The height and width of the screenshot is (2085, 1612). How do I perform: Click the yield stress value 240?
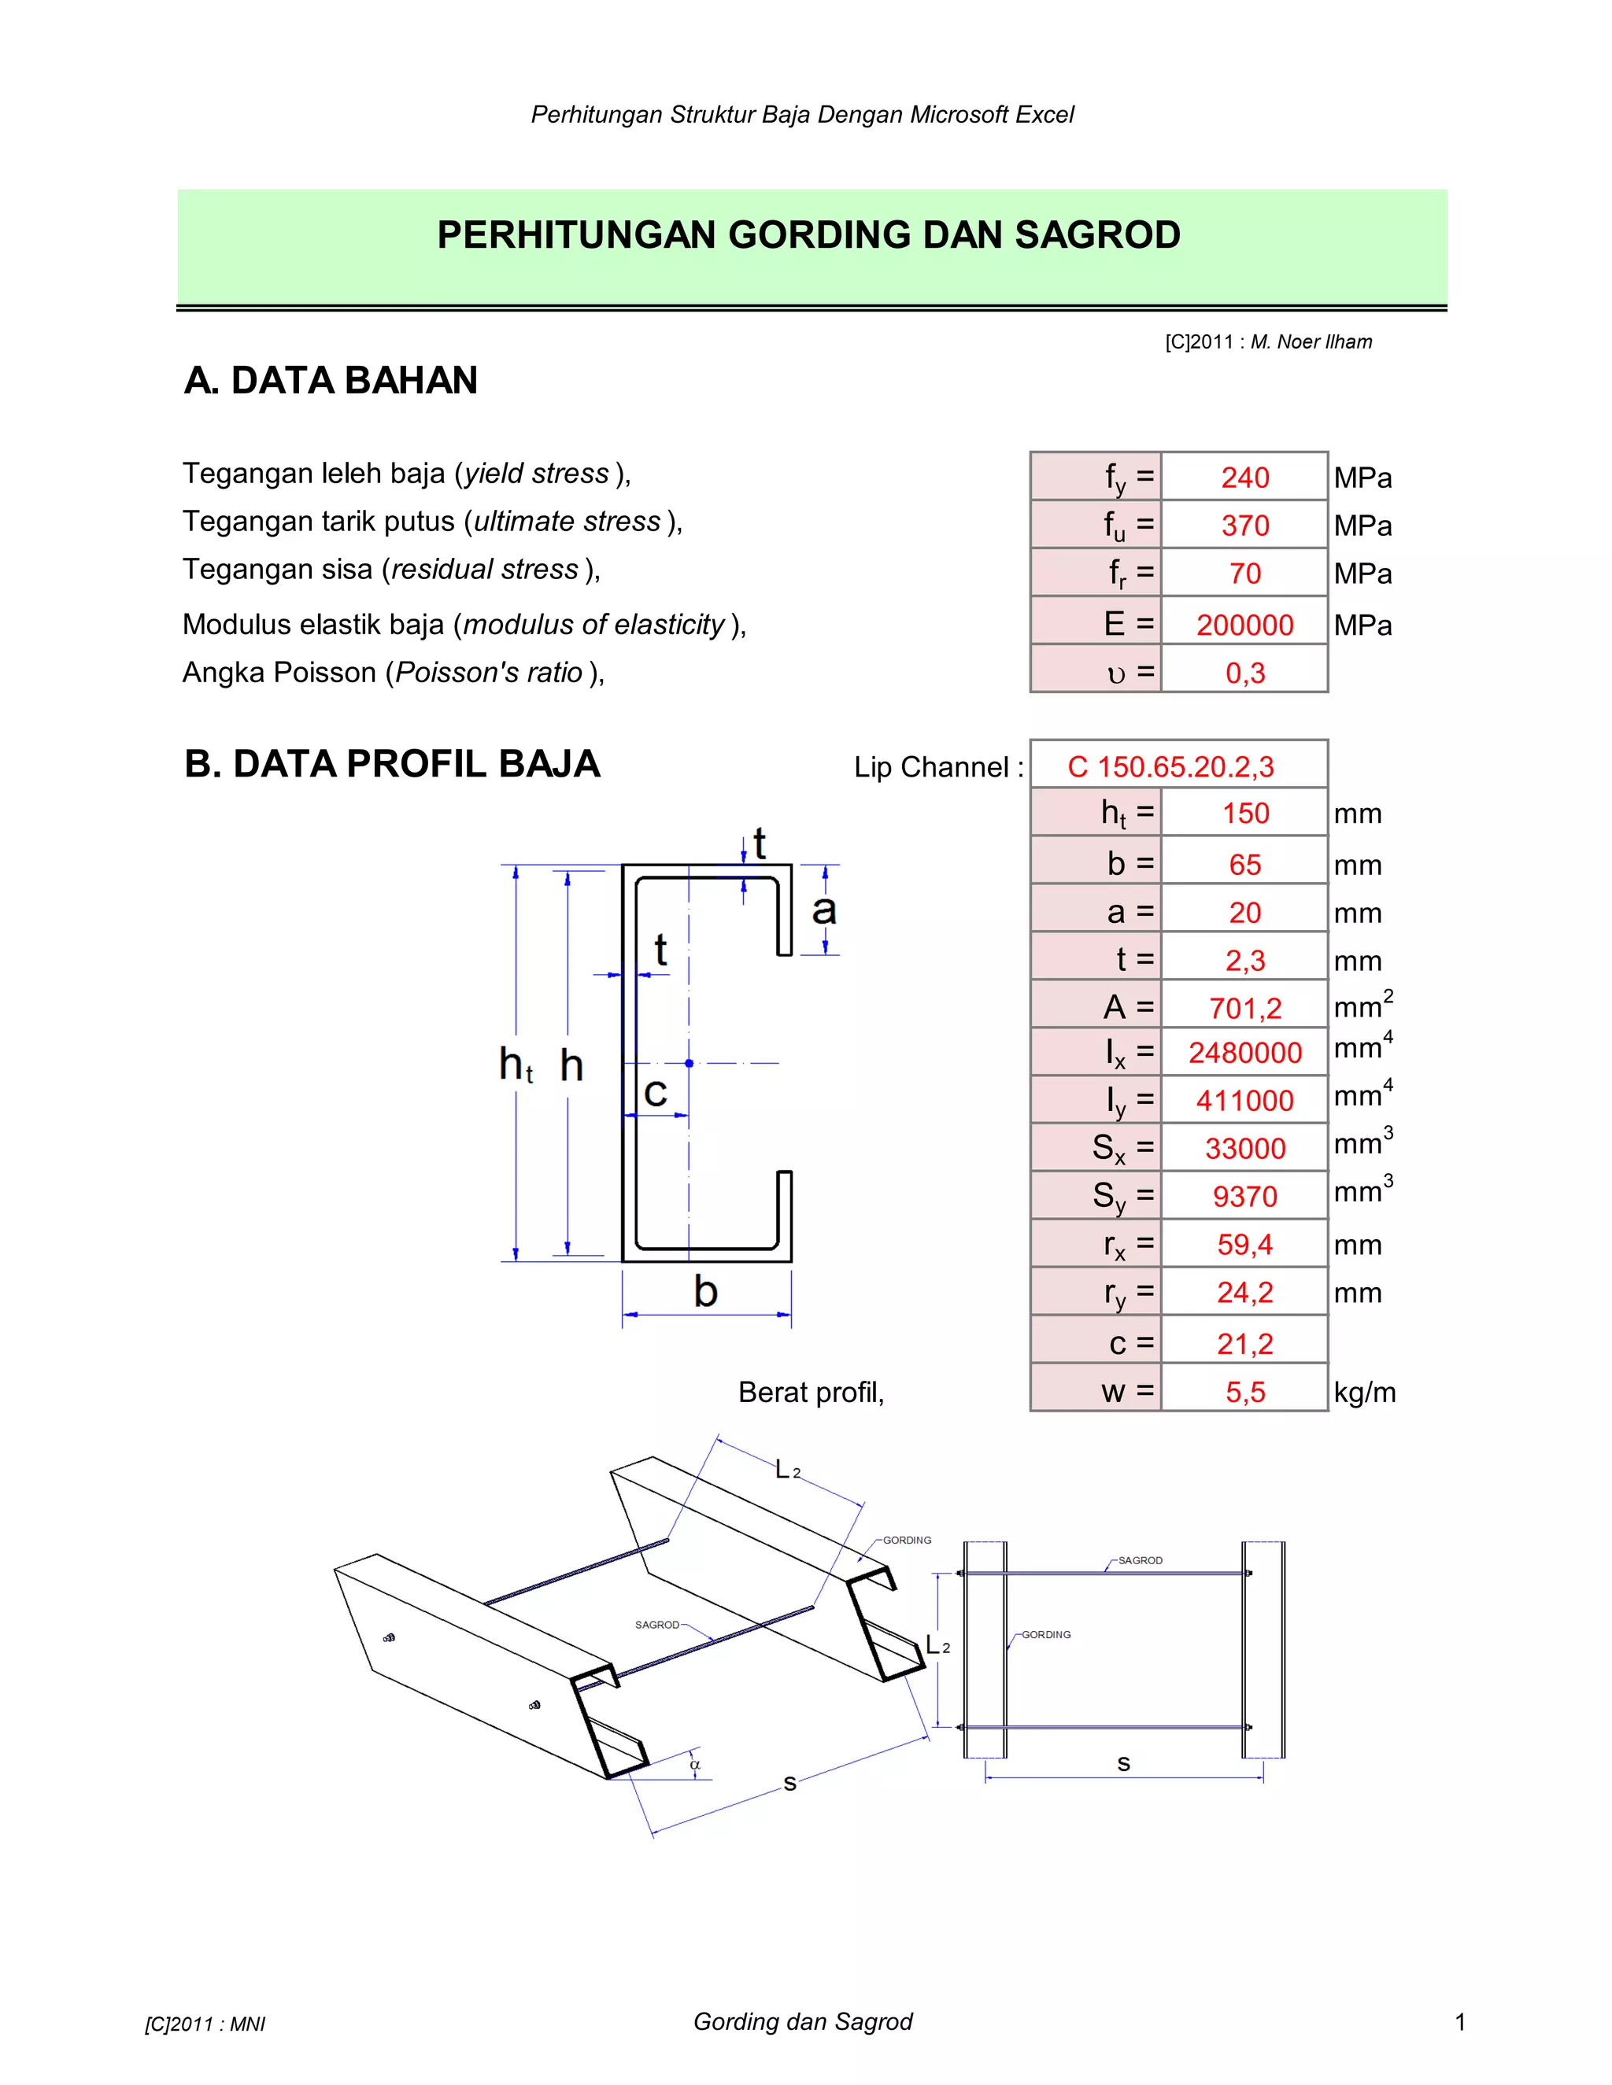1244,478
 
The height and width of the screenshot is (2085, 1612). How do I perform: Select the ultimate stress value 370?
1244,525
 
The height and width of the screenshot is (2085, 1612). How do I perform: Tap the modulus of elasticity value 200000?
1244,625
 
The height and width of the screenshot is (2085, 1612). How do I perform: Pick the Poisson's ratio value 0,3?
1244,673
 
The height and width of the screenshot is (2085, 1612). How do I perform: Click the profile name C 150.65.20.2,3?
1170,766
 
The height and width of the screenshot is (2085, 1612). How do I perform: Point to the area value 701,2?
1244,1008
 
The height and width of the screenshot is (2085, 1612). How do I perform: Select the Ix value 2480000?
1244,1052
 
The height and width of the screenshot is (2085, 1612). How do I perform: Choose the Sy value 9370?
1244,1196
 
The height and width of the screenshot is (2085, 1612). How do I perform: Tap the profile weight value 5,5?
1244,1392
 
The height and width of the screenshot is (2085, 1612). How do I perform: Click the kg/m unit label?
1364,1392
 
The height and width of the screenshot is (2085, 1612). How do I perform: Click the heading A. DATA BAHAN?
331,380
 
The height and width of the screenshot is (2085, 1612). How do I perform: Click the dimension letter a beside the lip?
823,910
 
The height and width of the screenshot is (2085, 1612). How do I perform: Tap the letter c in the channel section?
655,1092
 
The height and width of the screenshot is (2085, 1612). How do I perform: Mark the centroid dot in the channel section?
689,1062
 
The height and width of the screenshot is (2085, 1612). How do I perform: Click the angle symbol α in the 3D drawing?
695,1764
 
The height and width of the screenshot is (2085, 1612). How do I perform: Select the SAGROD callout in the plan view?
1141,1560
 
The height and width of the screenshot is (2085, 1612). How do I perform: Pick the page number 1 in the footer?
1459,2021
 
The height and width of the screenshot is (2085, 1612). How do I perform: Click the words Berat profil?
811,1392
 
